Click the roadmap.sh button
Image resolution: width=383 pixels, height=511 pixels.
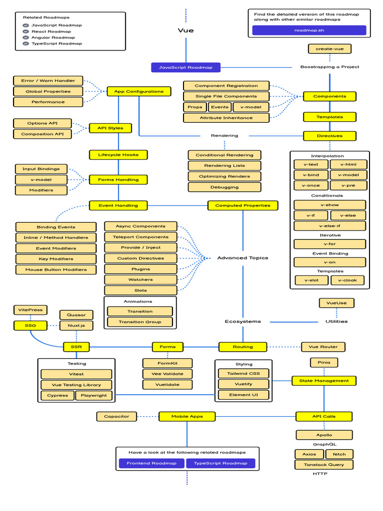[x=309, y=30]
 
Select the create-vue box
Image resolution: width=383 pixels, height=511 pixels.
[x=329, y=48]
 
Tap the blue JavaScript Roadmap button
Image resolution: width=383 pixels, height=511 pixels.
[x=186, y=67]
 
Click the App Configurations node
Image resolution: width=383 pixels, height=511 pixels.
[x=139, y=91]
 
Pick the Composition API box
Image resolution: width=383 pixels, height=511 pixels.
[x=42, y=134]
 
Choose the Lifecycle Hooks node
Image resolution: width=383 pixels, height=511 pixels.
[x=118, y=155]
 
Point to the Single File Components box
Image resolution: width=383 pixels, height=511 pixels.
[x=226, y=96]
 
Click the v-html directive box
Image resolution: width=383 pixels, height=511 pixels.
[x=352, y=164]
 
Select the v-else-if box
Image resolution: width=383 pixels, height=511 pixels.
[x=330, y=226]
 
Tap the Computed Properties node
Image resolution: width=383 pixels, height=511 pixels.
[x=242, y=205]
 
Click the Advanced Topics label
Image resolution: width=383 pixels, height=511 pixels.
[x=242, y=258]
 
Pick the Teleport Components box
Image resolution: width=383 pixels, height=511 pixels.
[x=141, y=237]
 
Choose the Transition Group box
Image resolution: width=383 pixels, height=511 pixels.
[x=140, y=322]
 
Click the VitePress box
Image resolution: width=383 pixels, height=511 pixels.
[x=30, y=310]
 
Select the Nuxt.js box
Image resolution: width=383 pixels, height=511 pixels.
[x=76, y=325]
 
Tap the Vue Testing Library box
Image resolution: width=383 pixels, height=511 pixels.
[x=76, y=385]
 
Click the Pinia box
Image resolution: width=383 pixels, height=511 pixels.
[x=324, y=362]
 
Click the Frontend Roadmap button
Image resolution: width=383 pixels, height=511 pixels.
[x=151, y=463]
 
